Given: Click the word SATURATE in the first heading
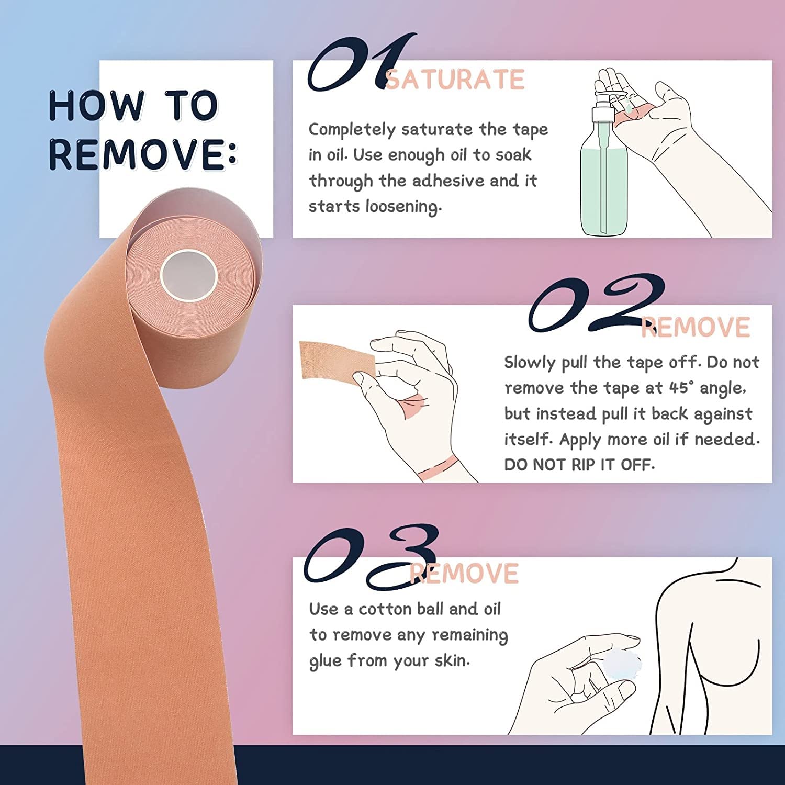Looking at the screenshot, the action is tap(455, 80).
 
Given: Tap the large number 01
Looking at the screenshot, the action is tap(356, 63).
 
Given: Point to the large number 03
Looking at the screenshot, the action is tap(369, 557).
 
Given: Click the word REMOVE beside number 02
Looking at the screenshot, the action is tap(696, 328).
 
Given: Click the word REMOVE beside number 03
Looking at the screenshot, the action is tap(464, 574).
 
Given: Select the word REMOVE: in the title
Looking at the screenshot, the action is tap(142, 154).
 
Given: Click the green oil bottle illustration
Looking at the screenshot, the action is tap(603, 178).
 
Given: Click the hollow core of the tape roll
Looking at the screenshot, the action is tap(188, 275).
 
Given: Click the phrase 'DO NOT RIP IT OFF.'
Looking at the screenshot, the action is tap(579, 465).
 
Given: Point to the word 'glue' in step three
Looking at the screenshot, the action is tap(326, 661).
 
